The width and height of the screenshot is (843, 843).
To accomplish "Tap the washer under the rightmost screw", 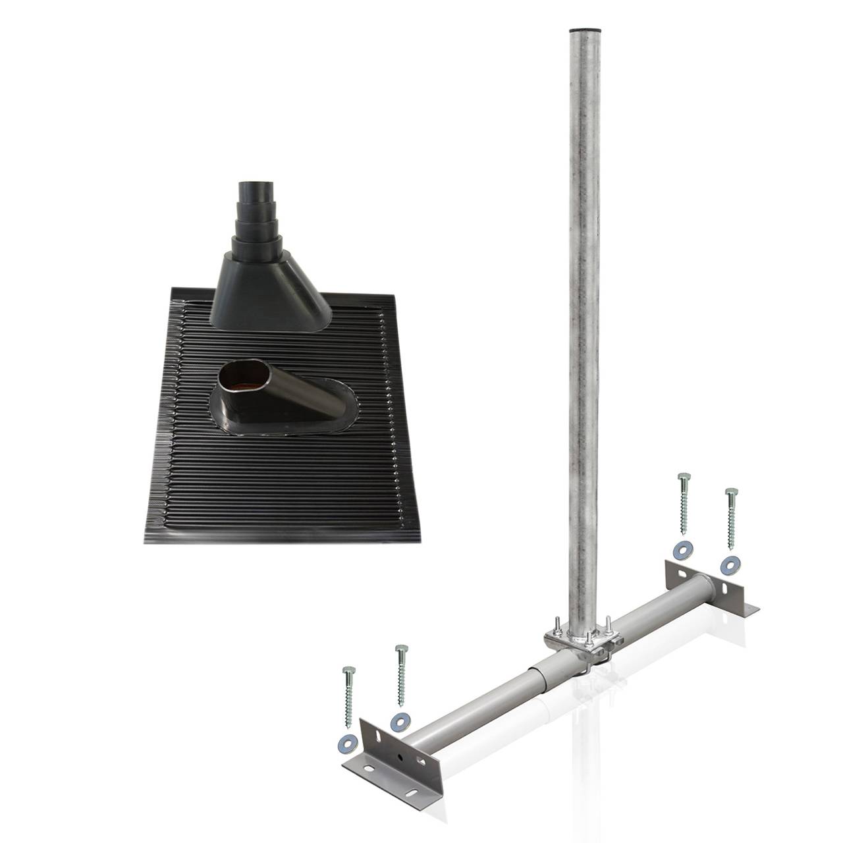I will click(729, 564).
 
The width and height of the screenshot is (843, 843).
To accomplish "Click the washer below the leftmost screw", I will click(346, 746).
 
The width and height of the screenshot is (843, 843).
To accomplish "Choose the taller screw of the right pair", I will click(683, 503).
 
